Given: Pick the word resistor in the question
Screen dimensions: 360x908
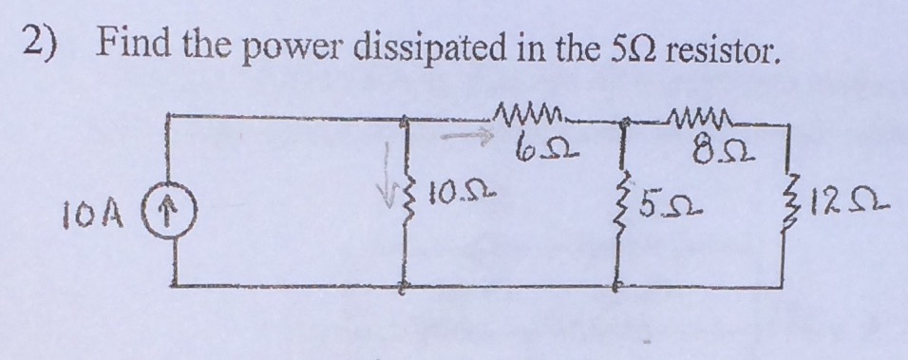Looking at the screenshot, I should click(x=727, y=46).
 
